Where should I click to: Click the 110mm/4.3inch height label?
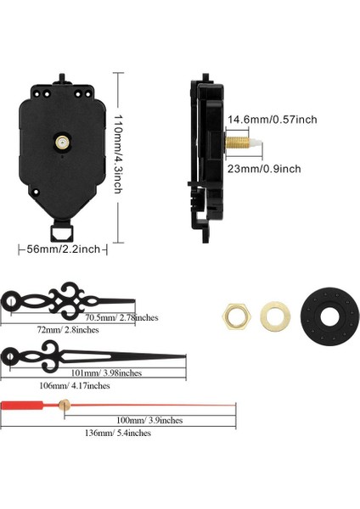pyautogui.click(x=118, y=154)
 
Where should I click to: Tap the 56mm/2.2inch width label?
pyautogui.click(x=63, y=249)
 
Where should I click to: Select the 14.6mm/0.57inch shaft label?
pyautogui.click(x=272, y=120)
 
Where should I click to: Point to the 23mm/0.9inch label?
pyautogui.click(x=264, y=169)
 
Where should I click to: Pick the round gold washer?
pyautogui.click(x=275, y=316)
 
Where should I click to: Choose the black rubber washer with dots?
pyautogui.click(x=329, y=316)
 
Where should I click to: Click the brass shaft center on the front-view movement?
pyautogui.click(x=62, y=142)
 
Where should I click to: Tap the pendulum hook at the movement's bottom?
pyautogui.click(x=62, y=232)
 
